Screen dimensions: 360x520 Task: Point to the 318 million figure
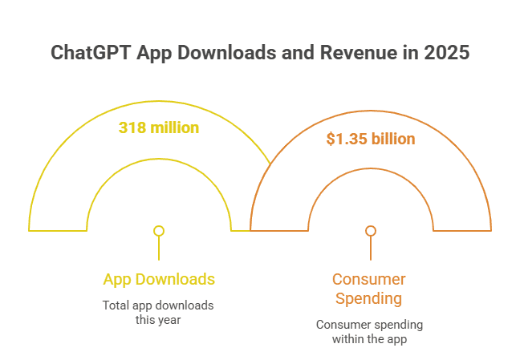point(159,127)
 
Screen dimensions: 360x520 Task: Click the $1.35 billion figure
point(371,139)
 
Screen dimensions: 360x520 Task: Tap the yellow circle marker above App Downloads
point(159,231)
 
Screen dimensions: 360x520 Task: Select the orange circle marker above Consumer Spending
point(371,231)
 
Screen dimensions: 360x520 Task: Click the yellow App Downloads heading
point(159,279)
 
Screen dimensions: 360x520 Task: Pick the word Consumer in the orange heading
point(369,280)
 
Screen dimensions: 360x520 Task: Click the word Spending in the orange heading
point(369,299)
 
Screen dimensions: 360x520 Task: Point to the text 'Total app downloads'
point(159,305)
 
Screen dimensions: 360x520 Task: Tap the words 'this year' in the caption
point(159,320)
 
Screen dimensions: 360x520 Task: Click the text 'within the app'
point(369,339)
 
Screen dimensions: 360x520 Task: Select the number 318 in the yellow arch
point(131,127)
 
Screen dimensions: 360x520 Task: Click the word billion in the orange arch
point(393,139)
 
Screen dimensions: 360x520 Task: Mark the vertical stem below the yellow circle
point(159,248)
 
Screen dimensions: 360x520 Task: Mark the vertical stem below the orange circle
point(371,248)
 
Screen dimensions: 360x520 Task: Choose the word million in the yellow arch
point(173,127)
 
